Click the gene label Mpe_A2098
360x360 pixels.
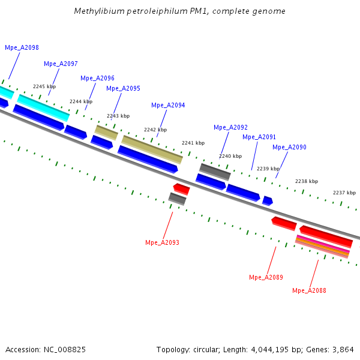point(22,47)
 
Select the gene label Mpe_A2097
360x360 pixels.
point(61,64)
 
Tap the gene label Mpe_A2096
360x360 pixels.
point(97,78)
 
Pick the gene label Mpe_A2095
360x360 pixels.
point(123,88)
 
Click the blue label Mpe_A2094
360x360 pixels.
point(168,105)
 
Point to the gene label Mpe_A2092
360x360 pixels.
point(230,127)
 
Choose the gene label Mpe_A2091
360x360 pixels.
point(259,137)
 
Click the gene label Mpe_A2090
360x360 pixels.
point(289,147)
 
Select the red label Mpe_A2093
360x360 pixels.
point(162,242)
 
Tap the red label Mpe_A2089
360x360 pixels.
point(266,277)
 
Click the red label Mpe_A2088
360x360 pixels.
point(309,290)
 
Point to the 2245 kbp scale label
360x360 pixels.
point(44,87)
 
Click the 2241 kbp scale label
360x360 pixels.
point(193,143)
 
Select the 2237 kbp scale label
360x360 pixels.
point(344,193)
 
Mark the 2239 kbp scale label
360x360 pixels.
point(268,169)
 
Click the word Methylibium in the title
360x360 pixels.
point(95,11)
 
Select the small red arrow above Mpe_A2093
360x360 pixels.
point(181,190)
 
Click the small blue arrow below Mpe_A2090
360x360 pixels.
point(268,201)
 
